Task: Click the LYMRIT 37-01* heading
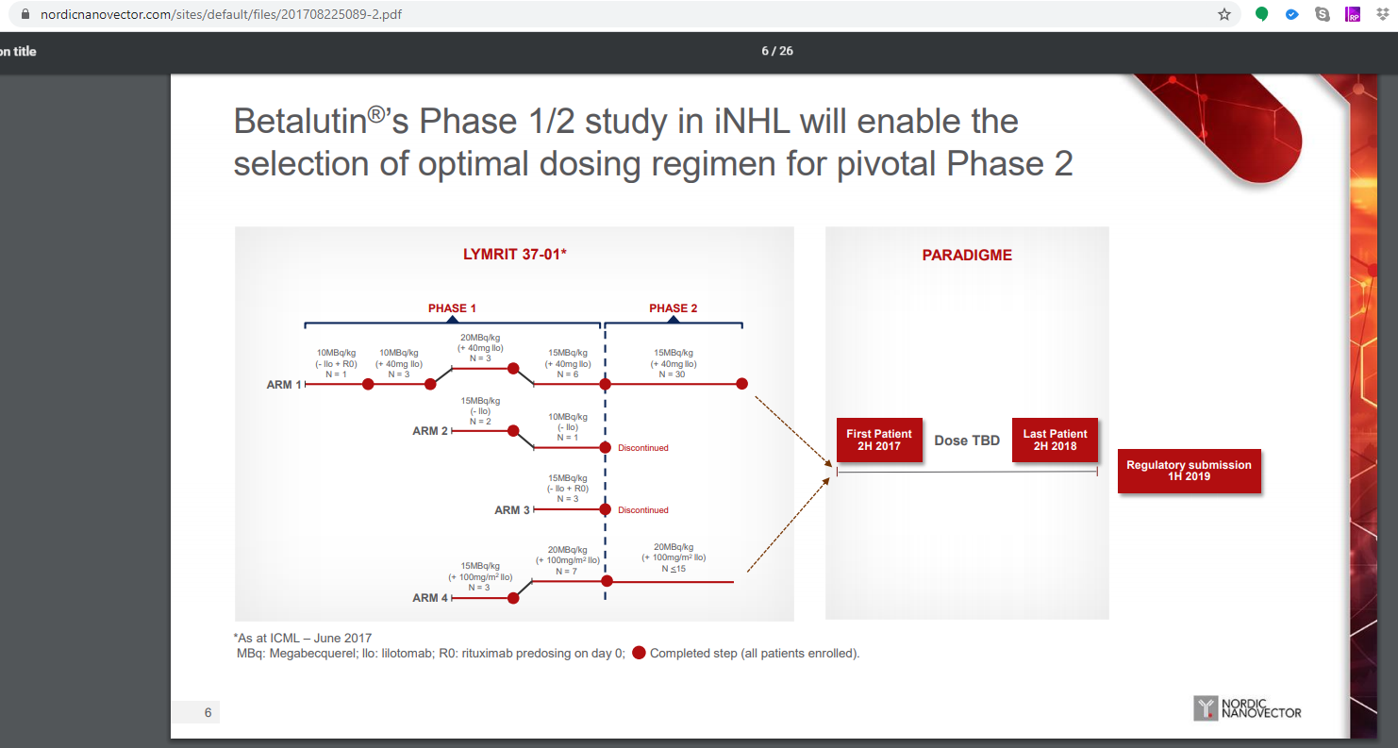tap(514, 254)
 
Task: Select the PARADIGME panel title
tap(967, 255)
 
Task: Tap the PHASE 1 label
tap(452, 308)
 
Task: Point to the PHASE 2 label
tap(673, 308)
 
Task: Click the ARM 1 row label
tap(283, 385)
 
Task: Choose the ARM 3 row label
tap(512, 510)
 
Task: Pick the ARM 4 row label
tap(430, 598)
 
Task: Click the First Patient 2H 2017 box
tap(879, 440)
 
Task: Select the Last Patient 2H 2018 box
tap(1055, 440)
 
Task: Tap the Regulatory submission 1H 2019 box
tap(1189, 471)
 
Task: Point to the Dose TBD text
tap(967, 440)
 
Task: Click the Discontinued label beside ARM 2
tap(642, 448)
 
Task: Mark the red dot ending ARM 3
tap(605, 509)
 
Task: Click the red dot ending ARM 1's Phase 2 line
tap(741, 384)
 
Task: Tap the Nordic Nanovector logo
tap(1247, 708)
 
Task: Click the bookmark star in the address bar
tap(1223, 14)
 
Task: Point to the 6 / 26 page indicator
tap(777, 51)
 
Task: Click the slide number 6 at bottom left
tap(208, 712)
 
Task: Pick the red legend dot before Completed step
tap(639, 653)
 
